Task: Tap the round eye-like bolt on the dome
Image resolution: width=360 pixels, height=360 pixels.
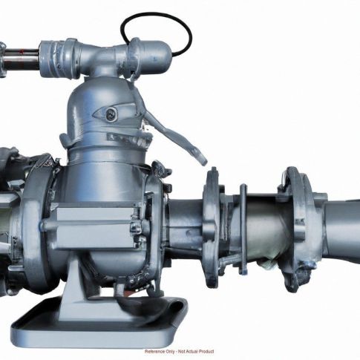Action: [x=111, y=114]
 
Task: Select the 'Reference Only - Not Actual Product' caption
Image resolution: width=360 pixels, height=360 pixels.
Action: [x=180, y=351]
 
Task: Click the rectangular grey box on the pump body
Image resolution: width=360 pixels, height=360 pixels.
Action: [x=95, y=228]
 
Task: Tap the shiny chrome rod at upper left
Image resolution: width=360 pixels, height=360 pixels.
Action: [x=20, y=59]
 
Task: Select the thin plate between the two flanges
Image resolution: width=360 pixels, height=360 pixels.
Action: [x=243, y=229]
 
